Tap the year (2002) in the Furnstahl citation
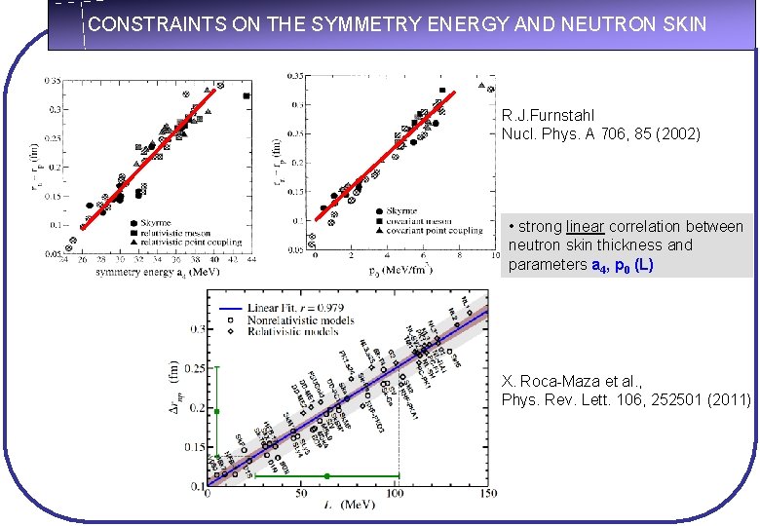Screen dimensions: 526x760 point(672,133)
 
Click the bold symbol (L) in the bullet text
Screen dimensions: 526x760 point(643,265)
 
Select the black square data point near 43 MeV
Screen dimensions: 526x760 point(247,95)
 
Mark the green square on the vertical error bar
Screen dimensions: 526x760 point(216,412)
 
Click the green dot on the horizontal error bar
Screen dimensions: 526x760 point(328,476)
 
